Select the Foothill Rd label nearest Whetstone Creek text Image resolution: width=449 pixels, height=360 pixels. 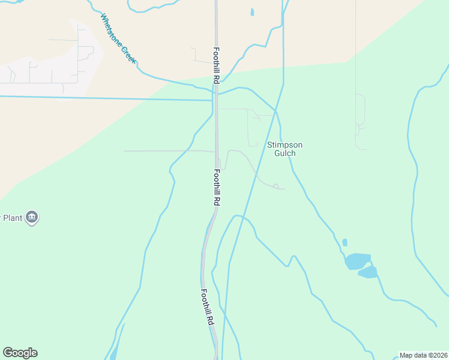(x=216, y=66)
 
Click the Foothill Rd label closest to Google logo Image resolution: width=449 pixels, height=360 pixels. (x=207, y=307)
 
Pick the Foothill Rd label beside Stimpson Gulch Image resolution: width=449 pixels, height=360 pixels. (x=217, y=188)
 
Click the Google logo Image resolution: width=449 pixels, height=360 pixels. (x=20, y=353)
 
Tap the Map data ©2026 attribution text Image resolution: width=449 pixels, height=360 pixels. (x=423, y=355)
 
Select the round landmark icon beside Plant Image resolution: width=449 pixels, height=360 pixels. (x=32, y=217)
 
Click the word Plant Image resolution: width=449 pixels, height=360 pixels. (x=13, y=218)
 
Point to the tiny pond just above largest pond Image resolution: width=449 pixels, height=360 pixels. (x=345, y=243)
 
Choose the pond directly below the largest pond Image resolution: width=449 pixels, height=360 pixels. (x=367, y=273)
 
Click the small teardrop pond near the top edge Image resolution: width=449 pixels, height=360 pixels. (x=252, y=11)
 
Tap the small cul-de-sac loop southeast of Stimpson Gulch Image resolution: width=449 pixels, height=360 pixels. (x=276, y=186)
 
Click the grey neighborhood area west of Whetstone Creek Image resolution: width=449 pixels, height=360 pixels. (x=48, y=66)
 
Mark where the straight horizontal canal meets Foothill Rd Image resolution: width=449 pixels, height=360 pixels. (x=212, y=100)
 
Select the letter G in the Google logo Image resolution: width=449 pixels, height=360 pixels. (x=7, y=352)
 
